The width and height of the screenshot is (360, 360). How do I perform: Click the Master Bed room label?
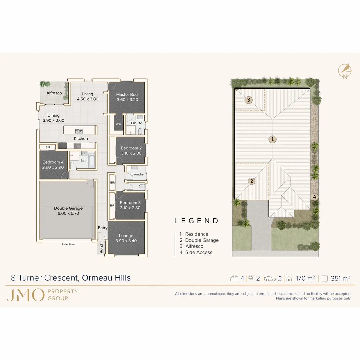[x=127, y=94]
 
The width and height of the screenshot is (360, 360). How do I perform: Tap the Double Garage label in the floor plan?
[x=68, y=208]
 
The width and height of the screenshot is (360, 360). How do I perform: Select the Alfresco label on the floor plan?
[x=54, y=93]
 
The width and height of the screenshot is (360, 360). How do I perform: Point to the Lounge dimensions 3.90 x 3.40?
[x=126, y=241]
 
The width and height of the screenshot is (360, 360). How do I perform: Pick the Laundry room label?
[x=137, y=174]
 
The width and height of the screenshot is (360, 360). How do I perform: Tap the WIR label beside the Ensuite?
[x=118, y=124]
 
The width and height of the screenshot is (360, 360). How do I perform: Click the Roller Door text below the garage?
[x=68, y=244]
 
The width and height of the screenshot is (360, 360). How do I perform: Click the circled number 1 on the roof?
[x=273, y=139]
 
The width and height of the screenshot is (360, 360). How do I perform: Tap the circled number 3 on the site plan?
[x=249, y=100]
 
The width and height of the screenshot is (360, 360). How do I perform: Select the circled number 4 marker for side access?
[x=314, y=197]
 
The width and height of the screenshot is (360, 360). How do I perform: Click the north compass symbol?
[x=345, y=70]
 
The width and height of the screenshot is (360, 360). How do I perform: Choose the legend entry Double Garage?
[x=202, y=240]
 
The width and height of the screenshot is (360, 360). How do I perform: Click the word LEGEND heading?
[x=196, y=221]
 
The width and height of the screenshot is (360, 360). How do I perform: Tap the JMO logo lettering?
[x=25, y=295]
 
